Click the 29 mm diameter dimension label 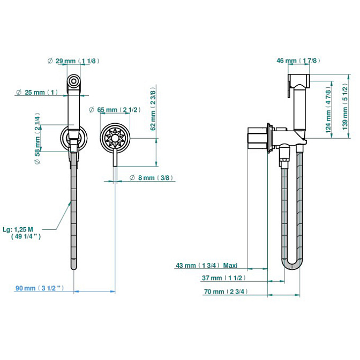(73, 61)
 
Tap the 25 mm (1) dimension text (37, 92)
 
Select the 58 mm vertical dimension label (37, 138)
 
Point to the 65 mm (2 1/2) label (115, 110)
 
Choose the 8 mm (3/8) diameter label (151, 178)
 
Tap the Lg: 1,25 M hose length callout (22, 233)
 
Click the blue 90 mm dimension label (40, 288)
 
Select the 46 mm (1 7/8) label (298, 61)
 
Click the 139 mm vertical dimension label (345, 106)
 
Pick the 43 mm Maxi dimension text (207, 265)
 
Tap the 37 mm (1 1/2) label (224, 278)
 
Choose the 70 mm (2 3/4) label (226, 291)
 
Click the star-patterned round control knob (115, 138)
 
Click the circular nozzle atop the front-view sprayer (74, 81)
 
